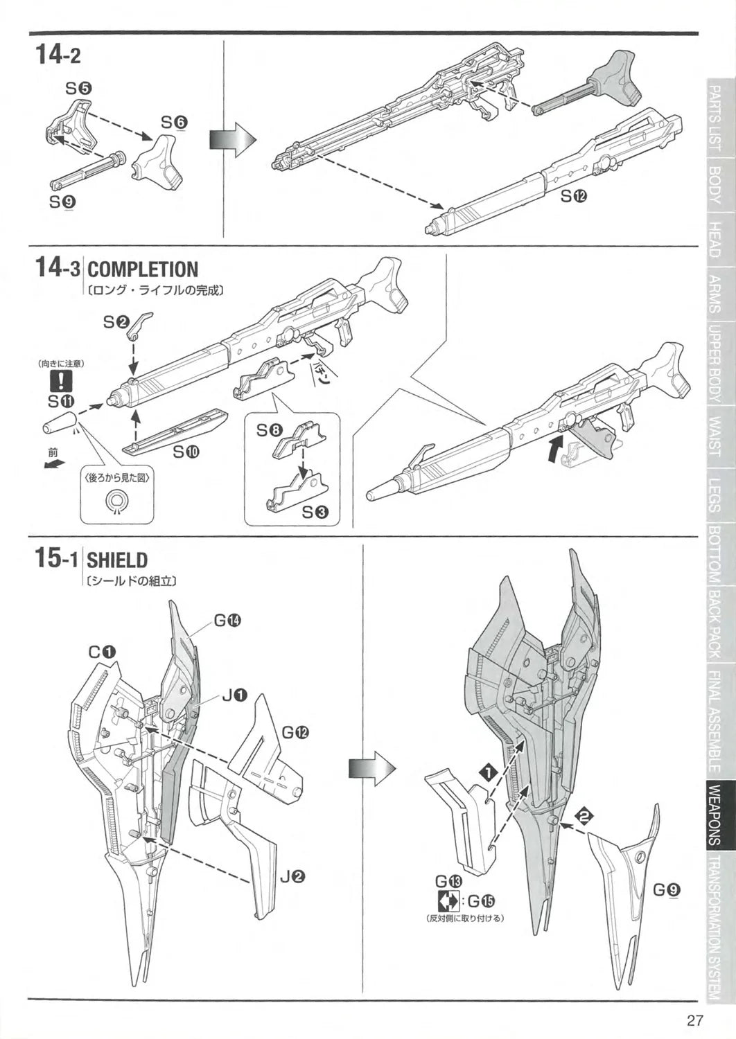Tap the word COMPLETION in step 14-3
(x=143, y=269)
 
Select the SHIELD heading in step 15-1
(x=117, y=560)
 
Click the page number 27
(x=695, y=1020)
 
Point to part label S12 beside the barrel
(x=574, y=196)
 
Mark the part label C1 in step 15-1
(x=102, y=652)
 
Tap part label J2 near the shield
(x=292, y=876)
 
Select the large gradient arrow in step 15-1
(x=371, y=768)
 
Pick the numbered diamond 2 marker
(x=585, y=817)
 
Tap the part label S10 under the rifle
(x=186, y=452)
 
